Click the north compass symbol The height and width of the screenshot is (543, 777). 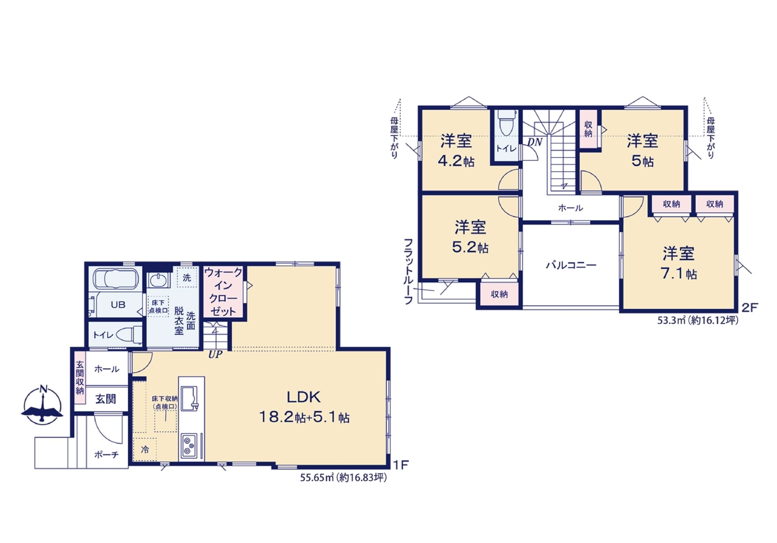(x=42, y=405)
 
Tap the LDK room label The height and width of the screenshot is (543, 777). (x=304, y=397)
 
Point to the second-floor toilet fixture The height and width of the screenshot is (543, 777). (x=507, y=123)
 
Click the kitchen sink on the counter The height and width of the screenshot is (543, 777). (x=189, y=399)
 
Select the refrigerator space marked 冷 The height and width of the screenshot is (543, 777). (x=144, y=450)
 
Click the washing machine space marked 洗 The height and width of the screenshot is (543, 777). (x=187, y=277)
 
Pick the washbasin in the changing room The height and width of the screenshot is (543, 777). (x=159, y=280)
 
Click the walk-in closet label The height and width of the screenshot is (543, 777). (x=223, y=292)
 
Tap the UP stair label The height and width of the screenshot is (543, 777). (x=215, y=355)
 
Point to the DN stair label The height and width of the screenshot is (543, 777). (x=535, y=142)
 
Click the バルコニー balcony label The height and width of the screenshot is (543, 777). (x=571, y=265)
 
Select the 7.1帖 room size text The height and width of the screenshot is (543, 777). (x=678, y=274)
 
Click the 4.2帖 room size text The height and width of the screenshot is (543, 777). (x=456, y=161)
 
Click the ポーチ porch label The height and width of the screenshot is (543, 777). (x=106, y=454)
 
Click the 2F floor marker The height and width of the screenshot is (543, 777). (x=750, y=307)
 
